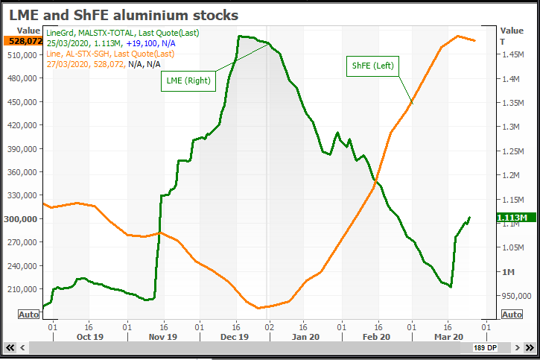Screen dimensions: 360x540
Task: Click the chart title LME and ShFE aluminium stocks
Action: tap(124, 15)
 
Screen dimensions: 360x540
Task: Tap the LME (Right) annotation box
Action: tap(188, 80)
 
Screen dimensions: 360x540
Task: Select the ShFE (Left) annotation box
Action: tap(372, 66)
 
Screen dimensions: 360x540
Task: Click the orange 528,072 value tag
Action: tap(21, 41)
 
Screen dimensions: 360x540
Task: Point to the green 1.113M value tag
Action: tap(512, 218)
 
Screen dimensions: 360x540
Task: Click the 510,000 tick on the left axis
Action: tap(25, 55)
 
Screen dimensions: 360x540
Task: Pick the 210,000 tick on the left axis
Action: tap(25, 288)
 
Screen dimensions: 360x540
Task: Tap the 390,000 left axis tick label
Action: tap(25, 149)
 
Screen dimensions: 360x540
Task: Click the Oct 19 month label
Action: tap(89, 337)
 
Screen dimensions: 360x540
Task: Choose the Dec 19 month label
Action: tap(234, 337)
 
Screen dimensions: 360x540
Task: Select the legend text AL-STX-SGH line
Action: tap(109, 54)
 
